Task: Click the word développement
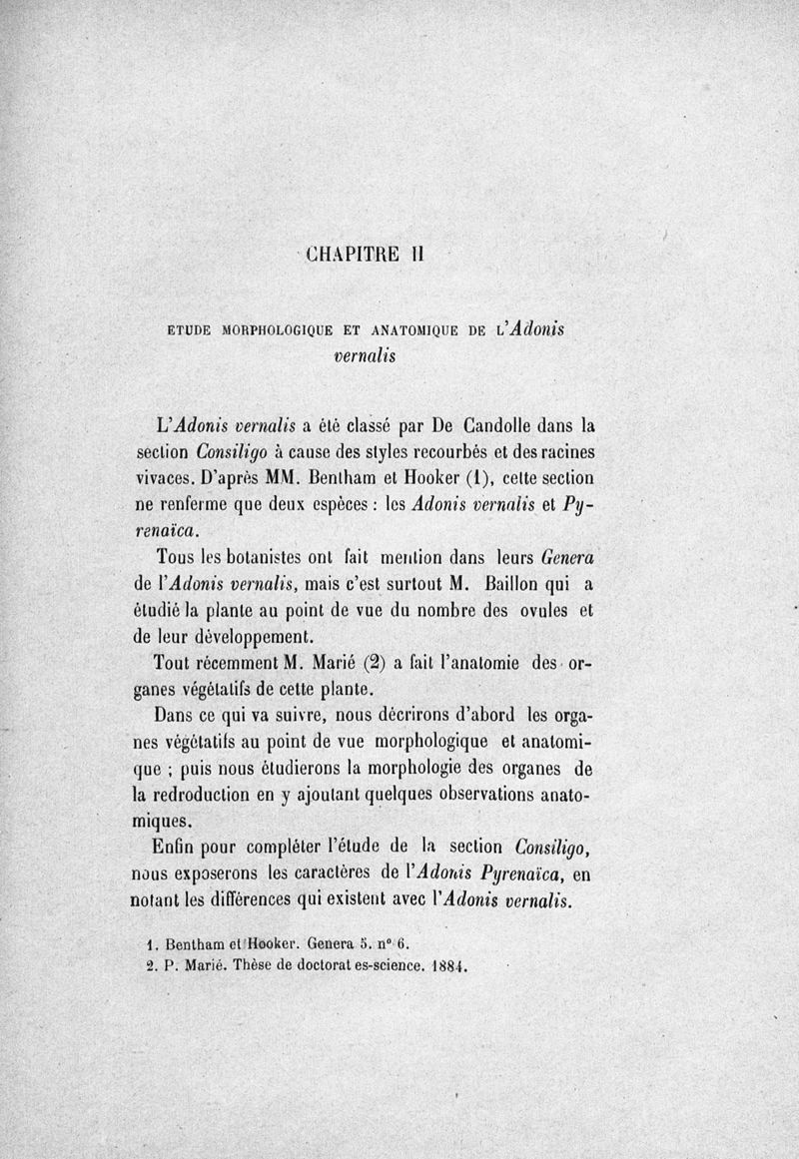pos(259,635)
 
